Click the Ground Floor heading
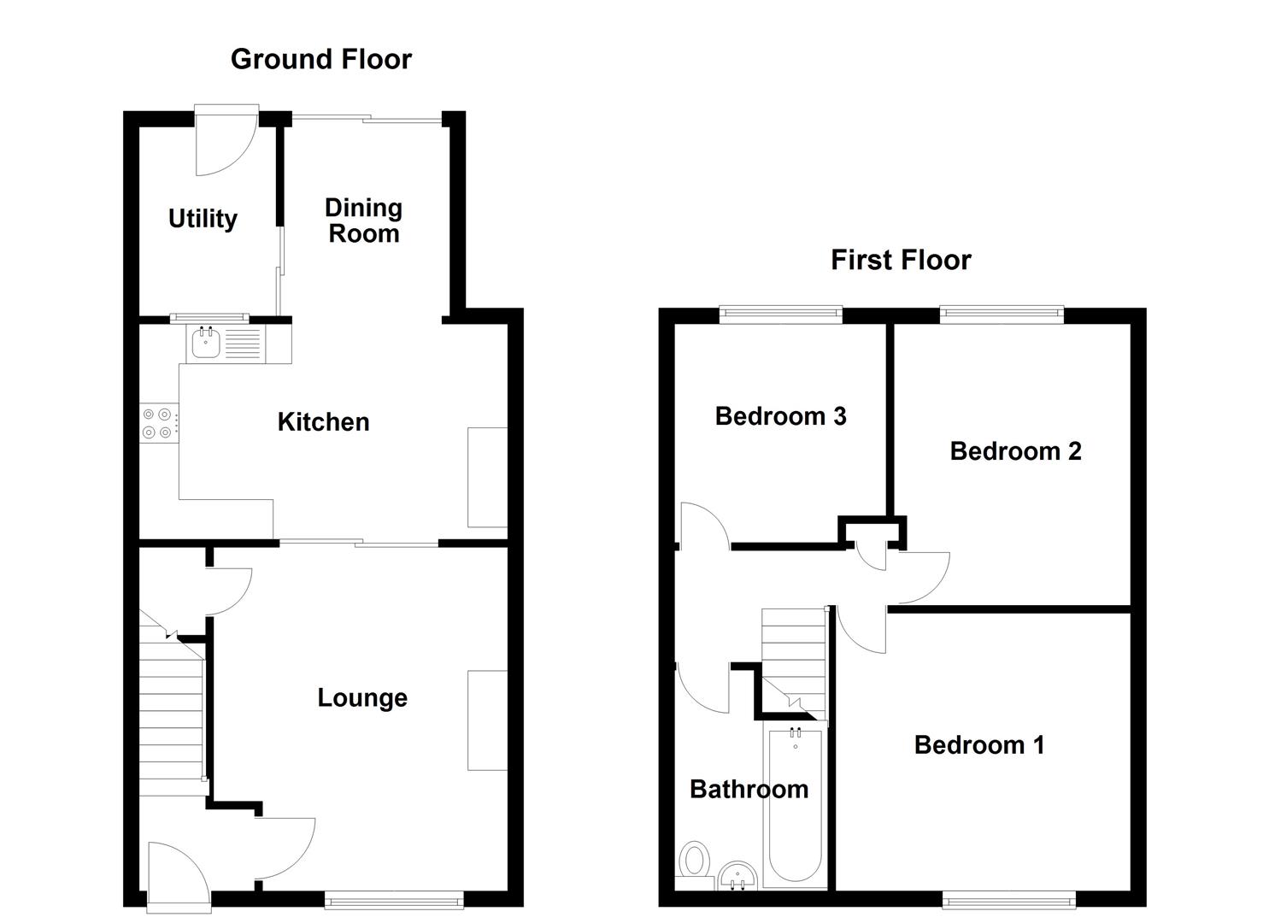pyautogui.click(x=321, y=59)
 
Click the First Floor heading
pyautogui.click(x=901, y=260)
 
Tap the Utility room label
pyautogui.click(x=203, y=219)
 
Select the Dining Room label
pyautogui.click(x=364, y=220)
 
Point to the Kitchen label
pyautogui.click(x=323, y=421)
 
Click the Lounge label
pyautogui.click(x=362, y=698)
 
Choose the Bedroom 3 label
pyautogui.click(x=780, y=416)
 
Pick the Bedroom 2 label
pyautogui.click(x=1015, y=451)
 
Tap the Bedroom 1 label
pyautogui.click(x=979, y=745)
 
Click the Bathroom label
pyautogui.click(x=749, y=789)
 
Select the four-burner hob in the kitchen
pyautogui.click(x=160, y=423)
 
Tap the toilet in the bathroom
pyautogui.click(x=695, y=859)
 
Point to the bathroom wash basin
pyautogui.click(x=737, y=875)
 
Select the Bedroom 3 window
pyautogui.click(x=780, y=315)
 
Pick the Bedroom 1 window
pyautogui.click(x=1008, y=899)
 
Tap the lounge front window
pyautogui.click(x=394, y=899)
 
